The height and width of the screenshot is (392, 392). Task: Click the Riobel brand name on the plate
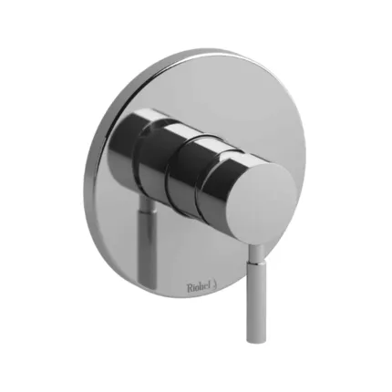(x=200, y=287)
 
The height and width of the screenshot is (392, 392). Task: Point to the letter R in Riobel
(x=190, y=287)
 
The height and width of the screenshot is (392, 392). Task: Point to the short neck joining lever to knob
(x=256, y=251)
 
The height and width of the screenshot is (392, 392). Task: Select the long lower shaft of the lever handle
(x=256, y=299)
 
